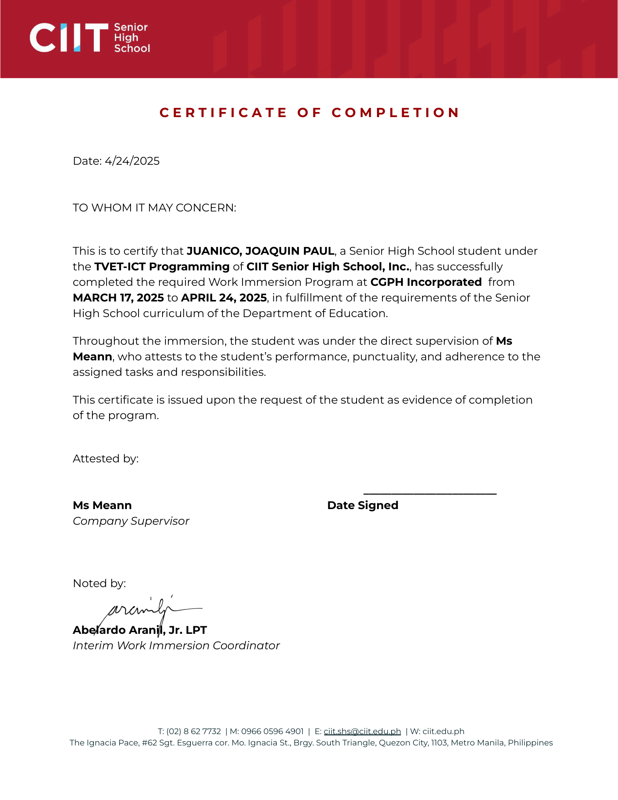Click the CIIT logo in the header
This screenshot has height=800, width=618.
click(89, 38)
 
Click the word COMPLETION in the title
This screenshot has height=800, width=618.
click(396, 112)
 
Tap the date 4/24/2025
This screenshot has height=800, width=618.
click(132, 161)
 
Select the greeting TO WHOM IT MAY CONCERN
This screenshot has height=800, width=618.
click(154, 208)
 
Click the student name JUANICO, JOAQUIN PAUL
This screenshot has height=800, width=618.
click(260, 251)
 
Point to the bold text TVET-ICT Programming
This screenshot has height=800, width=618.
click(162, 267)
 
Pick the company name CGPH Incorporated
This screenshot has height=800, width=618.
click(426, 282)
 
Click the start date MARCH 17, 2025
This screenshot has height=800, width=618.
click(118, 298)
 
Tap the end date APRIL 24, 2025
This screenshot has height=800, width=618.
click(224, 298)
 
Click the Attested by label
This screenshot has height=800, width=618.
click(105, 459)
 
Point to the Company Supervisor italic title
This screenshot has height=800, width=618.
click(131, 521)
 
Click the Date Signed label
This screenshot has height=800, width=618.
click(362, 505)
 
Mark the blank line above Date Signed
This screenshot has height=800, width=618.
click(430, 494)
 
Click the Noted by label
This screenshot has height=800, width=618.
click(99, 583)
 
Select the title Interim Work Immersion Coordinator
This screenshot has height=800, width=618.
click(176, 645)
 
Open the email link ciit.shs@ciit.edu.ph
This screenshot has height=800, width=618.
click(362, 731)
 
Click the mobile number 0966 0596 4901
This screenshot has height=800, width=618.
click(272, 731)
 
